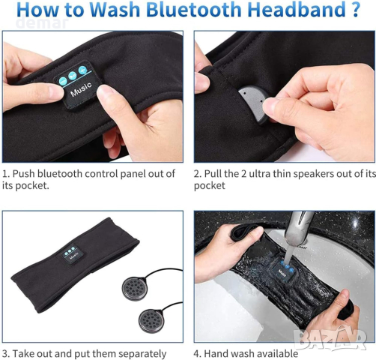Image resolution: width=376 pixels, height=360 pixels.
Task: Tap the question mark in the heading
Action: click(x=354, y=9)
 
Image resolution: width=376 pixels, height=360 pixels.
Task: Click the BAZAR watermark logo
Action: click(x=330, y=339)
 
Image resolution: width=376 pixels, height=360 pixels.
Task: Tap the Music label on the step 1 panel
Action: click(x=81, y=89)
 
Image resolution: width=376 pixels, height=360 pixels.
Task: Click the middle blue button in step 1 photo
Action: click(x=73, y=75)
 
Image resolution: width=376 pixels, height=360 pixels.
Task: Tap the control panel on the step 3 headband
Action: click(x=72, y=253)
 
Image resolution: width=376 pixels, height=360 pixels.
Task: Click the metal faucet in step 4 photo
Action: click(x=298, y=228)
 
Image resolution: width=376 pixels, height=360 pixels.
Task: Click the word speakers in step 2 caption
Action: click(x=315, y=174)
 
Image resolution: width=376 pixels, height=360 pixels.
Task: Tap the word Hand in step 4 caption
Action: click(x=214, y=354)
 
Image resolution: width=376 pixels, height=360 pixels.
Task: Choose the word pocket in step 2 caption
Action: click(x=210, y=185)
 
